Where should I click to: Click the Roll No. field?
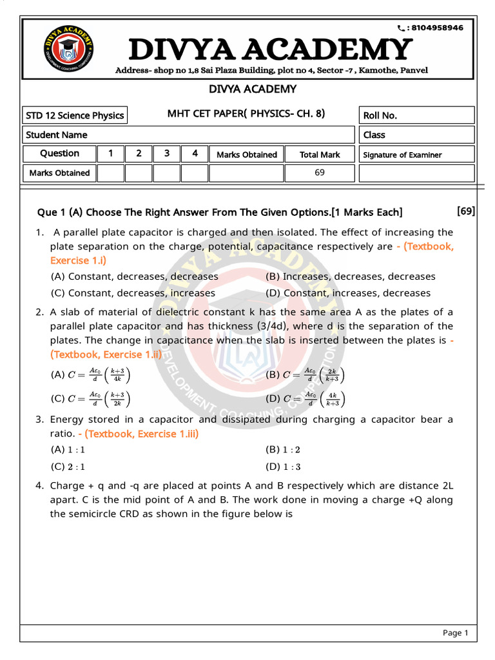[417, 115]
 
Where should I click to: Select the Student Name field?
[189, 135]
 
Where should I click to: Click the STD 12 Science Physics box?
[75, 115]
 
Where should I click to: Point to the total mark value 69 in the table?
[320, 173]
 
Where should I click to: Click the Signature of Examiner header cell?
[416, 155]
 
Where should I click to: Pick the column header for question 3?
[167, 153]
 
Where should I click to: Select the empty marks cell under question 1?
[110, 173]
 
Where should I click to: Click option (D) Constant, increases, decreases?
[349, 293]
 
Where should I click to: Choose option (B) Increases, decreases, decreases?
[351, 277]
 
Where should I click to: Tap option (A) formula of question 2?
[91, 375]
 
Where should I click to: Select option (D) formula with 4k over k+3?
[306, 400]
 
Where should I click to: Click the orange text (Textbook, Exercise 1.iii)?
[142, 434]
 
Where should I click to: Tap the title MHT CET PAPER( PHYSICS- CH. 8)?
[246, 114]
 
